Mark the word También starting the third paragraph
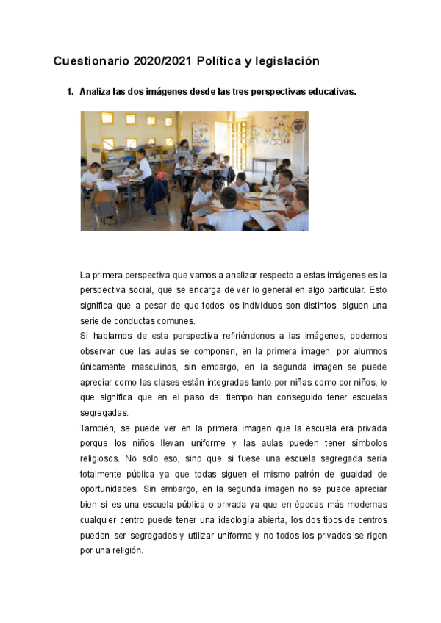point(97,427)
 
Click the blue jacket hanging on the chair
point(229,176)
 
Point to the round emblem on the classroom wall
point(297,126)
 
